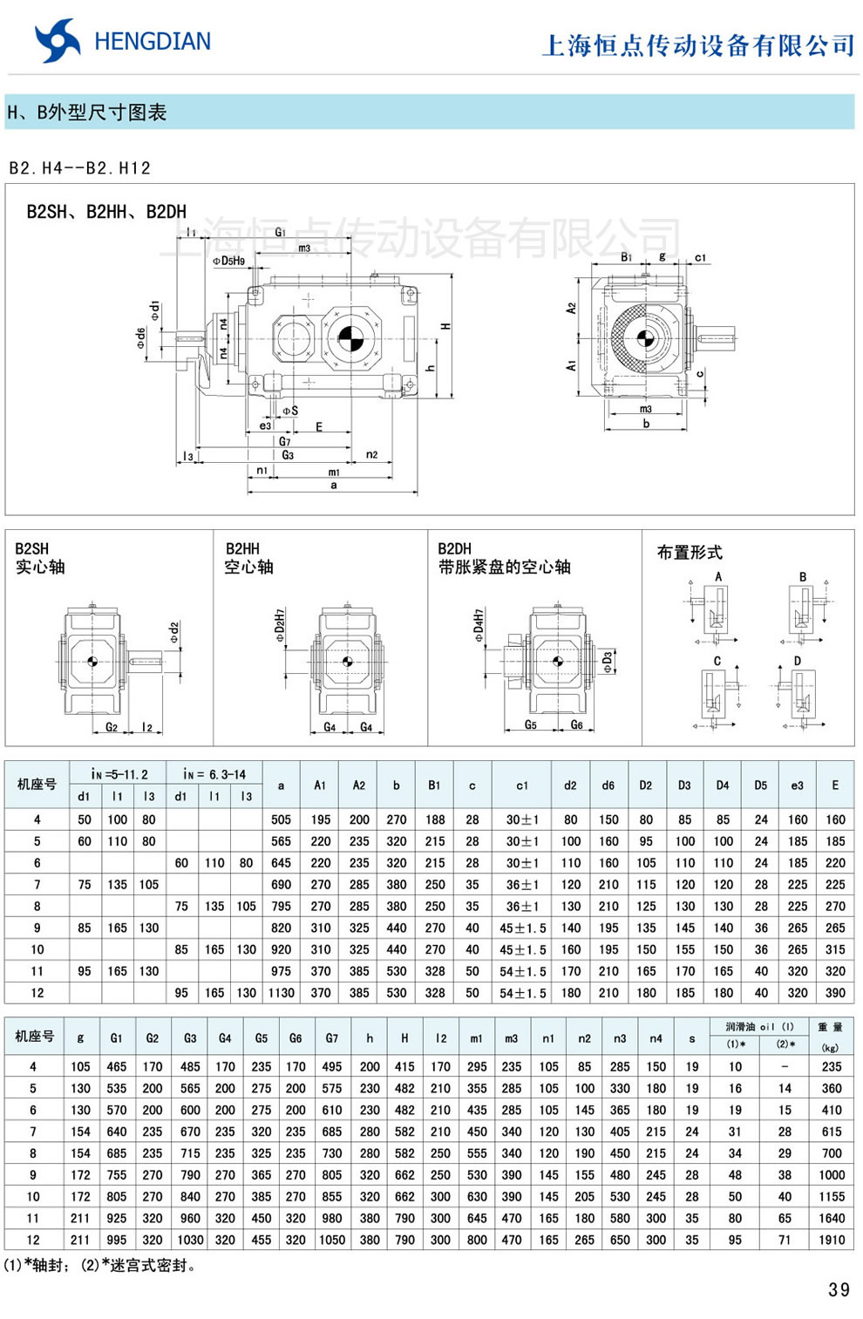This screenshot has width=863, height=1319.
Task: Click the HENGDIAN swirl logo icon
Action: click(x=57, y=41)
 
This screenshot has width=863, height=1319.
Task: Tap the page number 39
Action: click(x=839, y=1290)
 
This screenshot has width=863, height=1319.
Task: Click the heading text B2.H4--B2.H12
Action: click(x=80, y=168)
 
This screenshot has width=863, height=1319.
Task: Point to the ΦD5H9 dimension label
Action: click(x=228, y=260)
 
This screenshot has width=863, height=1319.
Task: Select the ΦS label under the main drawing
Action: click(x=289, y=410)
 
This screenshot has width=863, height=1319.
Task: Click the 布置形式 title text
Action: click(x=690, y=553)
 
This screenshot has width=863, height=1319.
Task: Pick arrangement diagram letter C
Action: click(x=717, y=661)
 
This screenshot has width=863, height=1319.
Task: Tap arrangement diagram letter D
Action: click(x=797, y=661)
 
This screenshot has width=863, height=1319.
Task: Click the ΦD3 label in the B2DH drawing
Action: click(x=608, y=662)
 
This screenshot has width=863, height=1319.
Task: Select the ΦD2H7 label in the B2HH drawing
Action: click(x=280, y=626)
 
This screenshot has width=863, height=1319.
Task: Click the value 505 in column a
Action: click(x=281, y=819)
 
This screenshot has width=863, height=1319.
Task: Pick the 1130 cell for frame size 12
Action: click(x=281, y=993)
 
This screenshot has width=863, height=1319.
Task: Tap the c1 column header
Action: click(x=521, y=785)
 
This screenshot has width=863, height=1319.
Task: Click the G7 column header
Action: click(x=332, y=1038)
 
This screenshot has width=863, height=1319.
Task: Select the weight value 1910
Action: click(x=831, y=1240)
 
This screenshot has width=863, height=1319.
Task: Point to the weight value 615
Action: click(x=831, y=1132)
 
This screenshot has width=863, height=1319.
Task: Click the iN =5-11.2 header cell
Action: click(x=119, y=774)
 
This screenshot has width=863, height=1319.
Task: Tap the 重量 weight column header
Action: click(x=830, y=1028)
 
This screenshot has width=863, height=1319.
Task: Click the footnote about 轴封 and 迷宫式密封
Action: click(x=100, y=1265)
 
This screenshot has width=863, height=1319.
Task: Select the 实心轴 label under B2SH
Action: click(x=40, y=568)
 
